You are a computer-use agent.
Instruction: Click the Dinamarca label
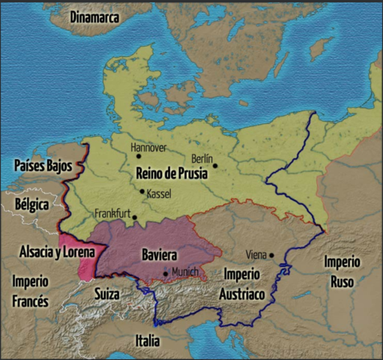click(95, 16)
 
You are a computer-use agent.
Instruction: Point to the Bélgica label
click(31, 204)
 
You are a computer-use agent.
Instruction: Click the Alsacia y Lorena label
click(57, 252)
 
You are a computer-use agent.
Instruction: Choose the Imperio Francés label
click(30, 291)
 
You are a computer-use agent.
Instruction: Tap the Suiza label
click(106, 294)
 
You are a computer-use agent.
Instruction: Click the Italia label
click(147, 341)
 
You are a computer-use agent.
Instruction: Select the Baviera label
click(159, 255)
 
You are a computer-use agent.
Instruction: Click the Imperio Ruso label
click(342, 271)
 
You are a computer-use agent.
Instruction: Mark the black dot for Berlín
click(214, 166)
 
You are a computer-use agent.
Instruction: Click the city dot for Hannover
click(139, 156)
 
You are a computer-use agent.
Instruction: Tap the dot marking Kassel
click(142, 190)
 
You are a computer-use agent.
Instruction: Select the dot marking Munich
click(166, 274)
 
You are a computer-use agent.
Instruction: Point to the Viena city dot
click(272, 255)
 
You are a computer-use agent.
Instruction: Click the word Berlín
click(202, 158)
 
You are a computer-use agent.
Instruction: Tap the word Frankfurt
click(112, 214)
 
